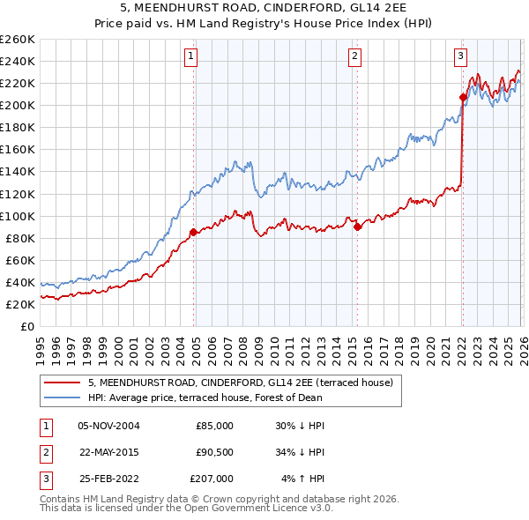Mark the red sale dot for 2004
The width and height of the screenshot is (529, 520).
pyautogui.click(x=193, y=232)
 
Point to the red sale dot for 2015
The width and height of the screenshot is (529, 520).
pyautogui.click(x=357, y=227)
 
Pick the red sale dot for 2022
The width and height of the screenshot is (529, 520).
pyautogui.click(x=463, y=97)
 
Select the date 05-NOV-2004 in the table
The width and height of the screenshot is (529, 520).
pyautogui.click(x=108, y=425)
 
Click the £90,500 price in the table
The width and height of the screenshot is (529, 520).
pyautogui.click(x=212, y=452)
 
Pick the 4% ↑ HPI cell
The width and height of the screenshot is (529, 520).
pyautogui.click(x=303, y=479)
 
